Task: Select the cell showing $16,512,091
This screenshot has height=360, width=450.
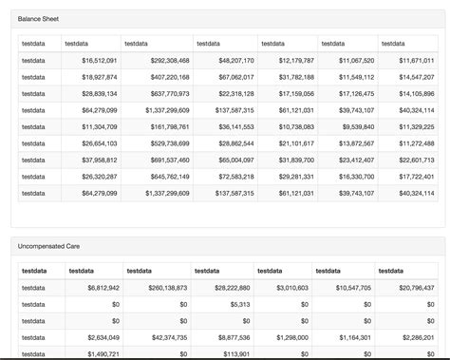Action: (x=99, y=60)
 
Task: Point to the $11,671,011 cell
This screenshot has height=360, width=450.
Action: (x=416, y=60)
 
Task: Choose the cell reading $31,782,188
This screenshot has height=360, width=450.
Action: (x=295, y=77)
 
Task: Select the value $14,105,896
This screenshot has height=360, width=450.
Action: (x=416, y=94)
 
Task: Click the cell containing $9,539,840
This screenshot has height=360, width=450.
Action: (x=357, y=126)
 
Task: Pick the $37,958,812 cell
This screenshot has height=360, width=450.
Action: (x=99, y=160)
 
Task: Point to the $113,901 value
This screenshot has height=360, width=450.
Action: (x=233, y=353)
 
